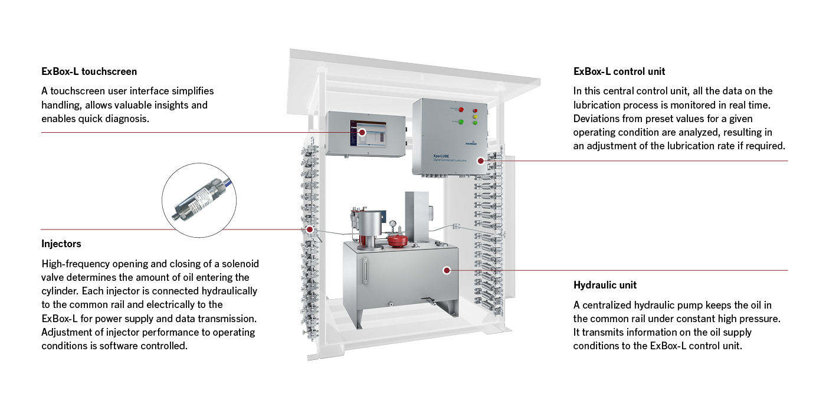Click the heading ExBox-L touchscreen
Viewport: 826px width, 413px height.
pyautogui.click(x=89, y=71)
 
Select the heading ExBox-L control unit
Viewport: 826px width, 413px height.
pyautogui.click(x=619, y=71)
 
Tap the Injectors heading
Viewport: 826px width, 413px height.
pyautogui.click(x=61, y=244)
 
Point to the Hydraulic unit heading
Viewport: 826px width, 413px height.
pyautogui.click(x=605, y=285)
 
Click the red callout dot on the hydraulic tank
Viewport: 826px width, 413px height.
pyautogui.click(x=447, y=270)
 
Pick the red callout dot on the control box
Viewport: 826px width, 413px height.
pyautogui.click(x=481, y=160)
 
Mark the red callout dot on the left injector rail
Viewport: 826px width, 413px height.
pyautogui.click(x=310, y=229)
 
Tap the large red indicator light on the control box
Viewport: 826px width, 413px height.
pyautogui.click(x=461, y=110)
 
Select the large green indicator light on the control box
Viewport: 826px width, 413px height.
pyautogui.click(x=461, y=122)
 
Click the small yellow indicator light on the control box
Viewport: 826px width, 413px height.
pyautogui.click(x=474, y=116)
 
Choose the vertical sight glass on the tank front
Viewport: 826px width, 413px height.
pyautogui.click(x=365, y=269)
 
